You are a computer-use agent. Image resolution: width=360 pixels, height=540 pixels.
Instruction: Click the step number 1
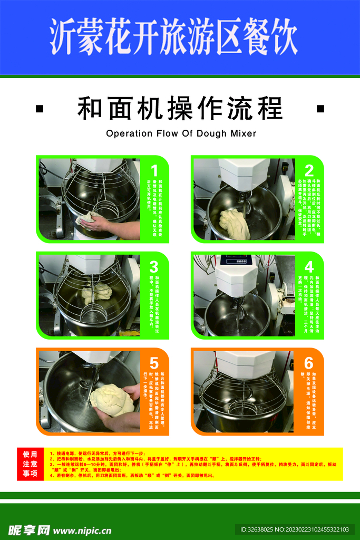click(154, 170)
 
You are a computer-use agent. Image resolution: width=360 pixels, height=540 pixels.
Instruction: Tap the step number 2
click(309, 170)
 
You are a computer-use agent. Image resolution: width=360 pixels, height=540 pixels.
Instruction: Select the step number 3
click(154, 267)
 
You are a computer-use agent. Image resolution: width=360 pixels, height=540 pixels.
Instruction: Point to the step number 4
click(309, 267)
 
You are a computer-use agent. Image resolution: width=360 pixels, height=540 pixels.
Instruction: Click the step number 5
click(154, 363)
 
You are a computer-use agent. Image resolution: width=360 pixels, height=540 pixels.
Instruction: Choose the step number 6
click(309, 363)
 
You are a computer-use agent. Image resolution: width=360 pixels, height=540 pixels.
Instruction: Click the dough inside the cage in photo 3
click(96, 292)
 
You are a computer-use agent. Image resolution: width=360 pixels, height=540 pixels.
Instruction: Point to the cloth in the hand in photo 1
click(87, 218)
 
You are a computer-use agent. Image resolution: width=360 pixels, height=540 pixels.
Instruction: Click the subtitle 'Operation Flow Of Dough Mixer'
click(181, 133)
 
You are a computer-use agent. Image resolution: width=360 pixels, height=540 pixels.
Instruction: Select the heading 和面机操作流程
click(180, 109)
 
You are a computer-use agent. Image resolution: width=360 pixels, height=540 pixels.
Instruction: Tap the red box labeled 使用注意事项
click(30, 464)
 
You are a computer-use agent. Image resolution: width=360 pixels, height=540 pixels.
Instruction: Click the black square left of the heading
click(40, 109)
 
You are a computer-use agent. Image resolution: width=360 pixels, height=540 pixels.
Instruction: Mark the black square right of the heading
click(320, 109)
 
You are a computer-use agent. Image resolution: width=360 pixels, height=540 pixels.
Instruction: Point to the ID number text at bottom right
click(295, 529)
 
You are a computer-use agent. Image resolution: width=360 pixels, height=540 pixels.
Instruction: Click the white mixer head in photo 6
click(245, 364)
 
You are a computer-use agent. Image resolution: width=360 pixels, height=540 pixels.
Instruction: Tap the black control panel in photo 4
click(237, 259)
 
